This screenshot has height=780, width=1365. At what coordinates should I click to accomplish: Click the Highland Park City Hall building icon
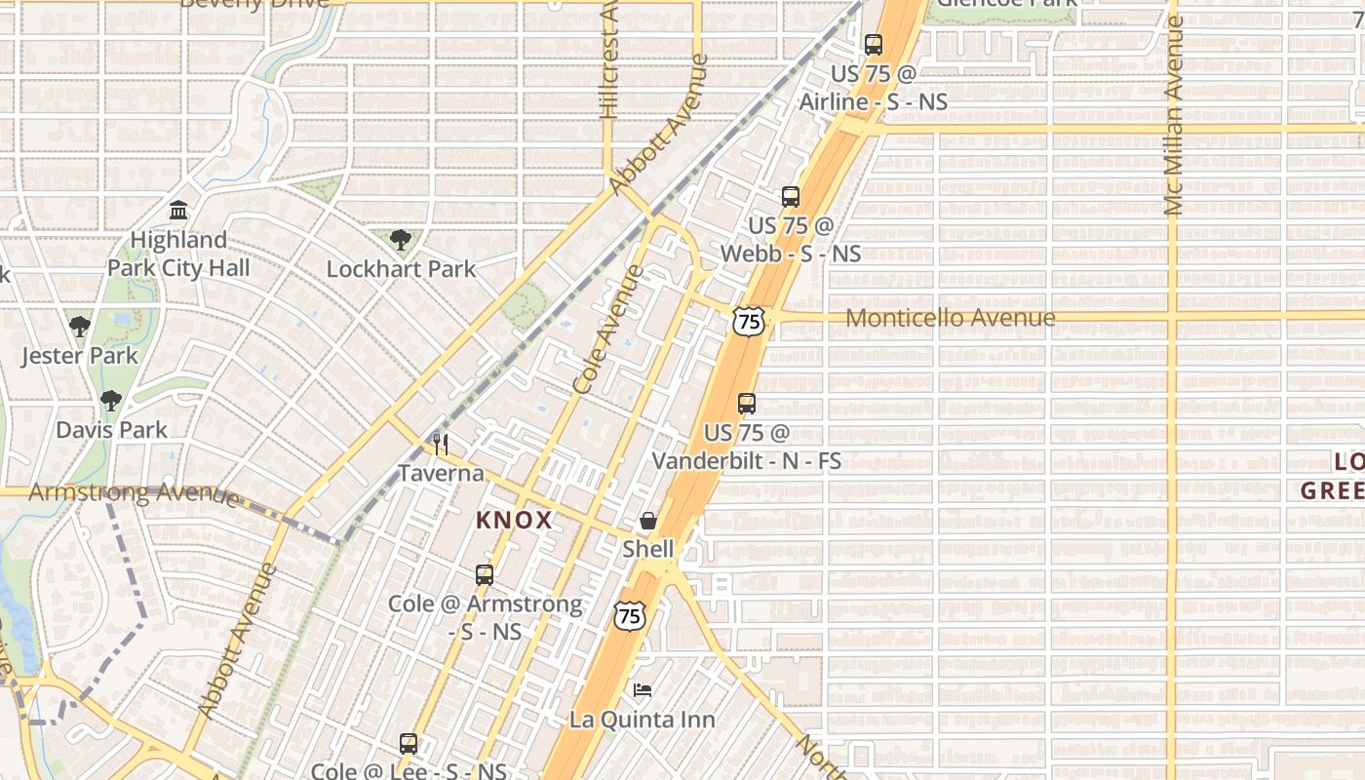(178, 210)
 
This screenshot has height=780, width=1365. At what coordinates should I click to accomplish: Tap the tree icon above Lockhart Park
(400, 239)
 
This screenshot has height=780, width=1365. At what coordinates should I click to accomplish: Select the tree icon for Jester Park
(80, 326)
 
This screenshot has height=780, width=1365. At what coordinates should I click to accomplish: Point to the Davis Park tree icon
(111, 400)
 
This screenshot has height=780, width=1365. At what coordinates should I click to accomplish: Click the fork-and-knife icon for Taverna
(441, 445)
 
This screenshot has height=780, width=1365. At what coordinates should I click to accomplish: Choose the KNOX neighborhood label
(514, 521)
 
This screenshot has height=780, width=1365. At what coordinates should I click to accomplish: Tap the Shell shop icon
(647, 521)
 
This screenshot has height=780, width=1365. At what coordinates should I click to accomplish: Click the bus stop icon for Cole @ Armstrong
(485, 574)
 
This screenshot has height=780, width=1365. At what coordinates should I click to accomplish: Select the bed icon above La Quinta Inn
(642, 690)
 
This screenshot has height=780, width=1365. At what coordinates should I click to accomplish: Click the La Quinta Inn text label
(642, 720)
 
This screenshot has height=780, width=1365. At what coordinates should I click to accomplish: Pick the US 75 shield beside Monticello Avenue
(749, 320)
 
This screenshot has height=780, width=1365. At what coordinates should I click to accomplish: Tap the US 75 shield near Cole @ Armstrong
(629, 615)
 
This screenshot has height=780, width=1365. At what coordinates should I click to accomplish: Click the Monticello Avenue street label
(950, 318)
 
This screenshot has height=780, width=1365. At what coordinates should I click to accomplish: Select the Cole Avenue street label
(609, 329)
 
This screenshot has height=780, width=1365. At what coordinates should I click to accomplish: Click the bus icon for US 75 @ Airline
(873, 44)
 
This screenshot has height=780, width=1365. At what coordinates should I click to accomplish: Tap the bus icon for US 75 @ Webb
(791, 196)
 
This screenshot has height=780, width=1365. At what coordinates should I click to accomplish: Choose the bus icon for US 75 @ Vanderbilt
(747, 403)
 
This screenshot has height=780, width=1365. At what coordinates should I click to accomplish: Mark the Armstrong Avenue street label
(134, 492)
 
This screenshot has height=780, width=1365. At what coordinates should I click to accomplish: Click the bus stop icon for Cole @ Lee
(409, 743)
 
